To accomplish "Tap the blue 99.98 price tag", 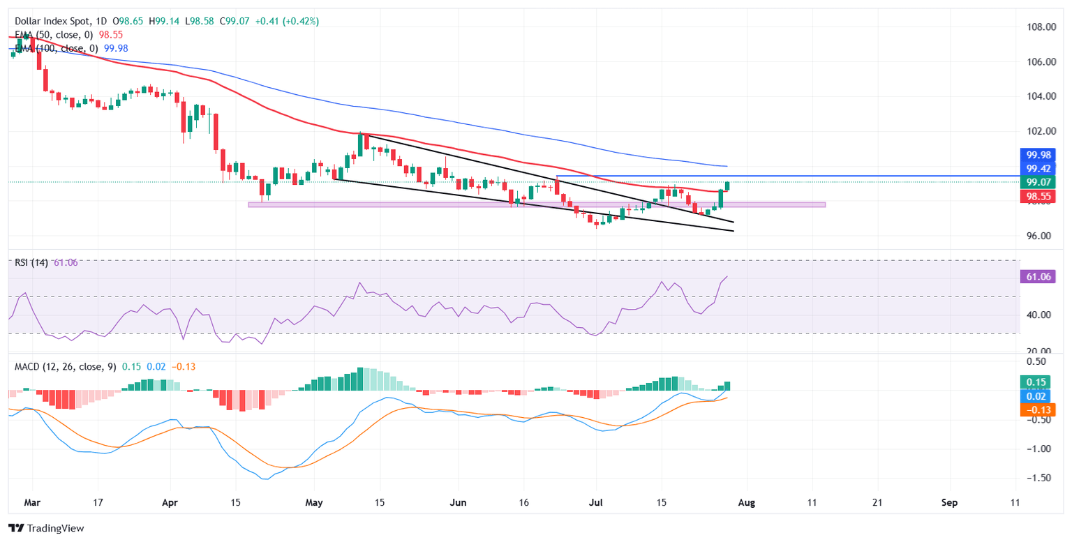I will [x=1038, y=155].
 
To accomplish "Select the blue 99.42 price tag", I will [x=1038, y=169].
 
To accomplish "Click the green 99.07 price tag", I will [x=1038, y=182].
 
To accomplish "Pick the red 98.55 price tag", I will [x=1038, y=197].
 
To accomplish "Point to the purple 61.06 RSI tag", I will [x=1038, y=277].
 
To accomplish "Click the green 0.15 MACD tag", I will [x=1038, y=382].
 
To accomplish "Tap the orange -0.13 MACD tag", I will [x=1038, y=410].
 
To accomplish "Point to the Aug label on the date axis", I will [x=747, y=502].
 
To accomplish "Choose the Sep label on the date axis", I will [x=948, y=502].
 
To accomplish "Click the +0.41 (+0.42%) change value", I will [x=290, y=22].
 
